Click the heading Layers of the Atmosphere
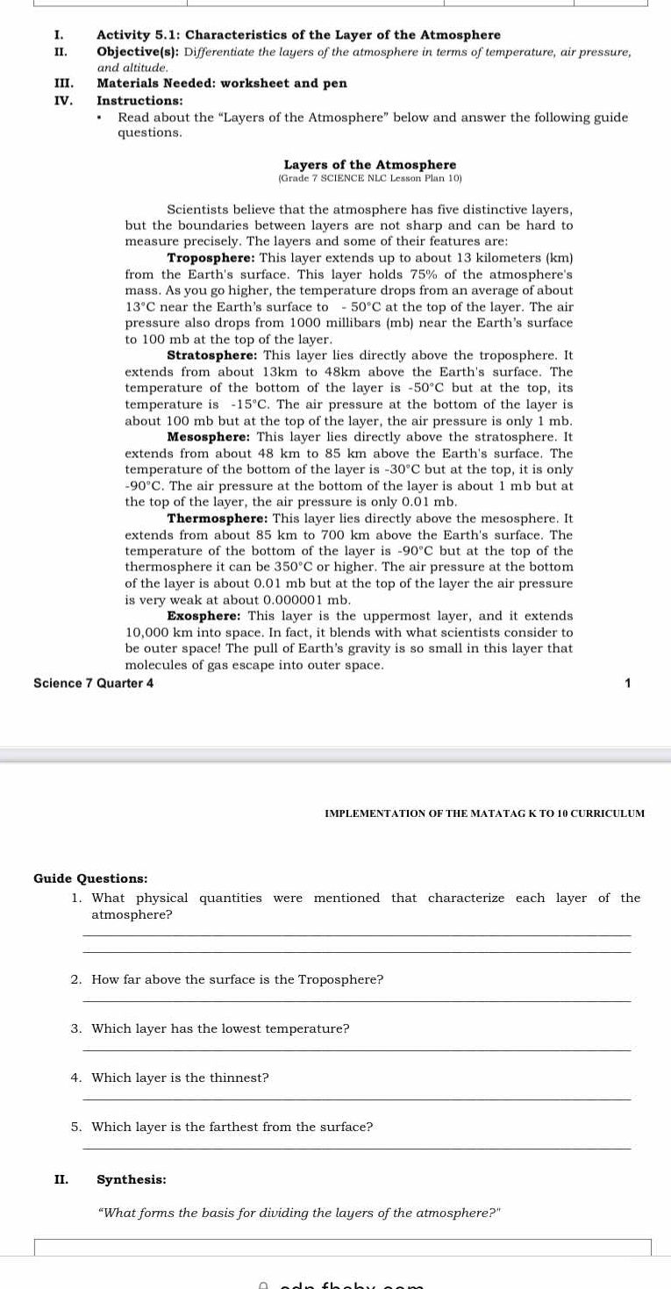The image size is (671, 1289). click(369, 165)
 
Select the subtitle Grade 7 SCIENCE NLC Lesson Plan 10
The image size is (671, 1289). click(369, 178)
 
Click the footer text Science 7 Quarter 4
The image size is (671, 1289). click(93, 683)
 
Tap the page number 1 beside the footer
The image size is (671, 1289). click(627, 683)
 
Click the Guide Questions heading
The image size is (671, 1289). click(90, 878)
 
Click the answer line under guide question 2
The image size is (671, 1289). click(355, 1000)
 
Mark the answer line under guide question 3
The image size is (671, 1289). click(355, 1049)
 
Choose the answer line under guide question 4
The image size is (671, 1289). click(355, 1099)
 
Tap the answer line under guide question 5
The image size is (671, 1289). click(355, 1148)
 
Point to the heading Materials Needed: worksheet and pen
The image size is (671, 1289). click(222, 83)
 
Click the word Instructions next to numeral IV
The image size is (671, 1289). click(133, 101)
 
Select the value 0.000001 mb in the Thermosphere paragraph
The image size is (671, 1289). click(310, 600)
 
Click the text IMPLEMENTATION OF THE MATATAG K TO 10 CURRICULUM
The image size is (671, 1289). click(484, 813)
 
